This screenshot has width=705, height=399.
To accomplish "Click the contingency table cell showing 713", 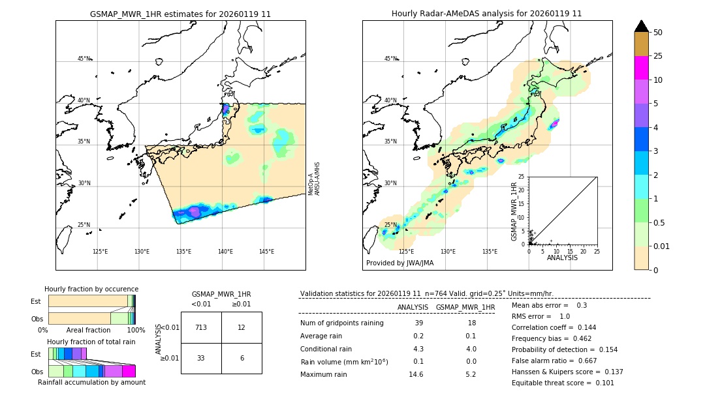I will pyautogui.click(x=201, y=327).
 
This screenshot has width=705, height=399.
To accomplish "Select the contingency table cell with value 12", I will pyautogui.click(x=242, y=327).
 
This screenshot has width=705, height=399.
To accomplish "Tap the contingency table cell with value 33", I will pyautogui.click(x=201, y=358).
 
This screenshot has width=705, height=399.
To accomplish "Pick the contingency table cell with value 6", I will pyautogui.click(x=242, y=358).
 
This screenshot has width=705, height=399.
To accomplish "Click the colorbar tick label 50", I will pyautogui.click(x=658, y=33).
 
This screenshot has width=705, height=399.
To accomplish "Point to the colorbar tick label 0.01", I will pyautogui.click(x=662, y=246).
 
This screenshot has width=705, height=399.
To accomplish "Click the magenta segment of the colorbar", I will pyautogui.click(x=641, y=68).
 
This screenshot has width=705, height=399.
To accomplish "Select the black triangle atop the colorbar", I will pyautogui.click(x=641, y=26).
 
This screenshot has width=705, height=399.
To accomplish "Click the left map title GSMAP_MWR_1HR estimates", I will pyautogui.click(x=180, y=14).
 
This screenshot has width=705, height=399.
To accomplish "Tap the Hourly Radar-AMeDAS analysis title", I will pyautogui.click(x=487, y=14).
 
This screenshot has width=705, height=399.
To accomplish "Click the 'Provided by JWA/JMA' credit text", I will pyautogui.click(x=399, y=263).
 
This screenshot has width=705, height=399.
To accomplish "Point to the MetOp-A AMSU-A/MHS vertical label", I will pyautogui.click(x=314, y=179).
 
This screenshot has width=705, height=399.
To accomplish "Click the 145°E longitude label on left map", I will pyautogui.click(x=266, y=252).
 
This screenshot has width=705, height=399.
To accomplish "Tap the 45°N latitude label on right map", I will pyautogui.click(x=390, y=59).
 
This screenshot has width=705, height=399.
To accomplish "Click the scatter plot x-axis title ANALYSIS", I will pyautogui.click(x=562, y=258).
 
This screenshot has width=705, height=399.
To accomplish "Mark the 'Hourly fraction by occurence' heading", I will pyautogui.click(x=91, y=289).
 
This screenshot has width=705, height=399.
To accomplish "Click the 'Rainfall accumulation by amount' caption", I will pyautogui.click(x=91, y=382).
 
